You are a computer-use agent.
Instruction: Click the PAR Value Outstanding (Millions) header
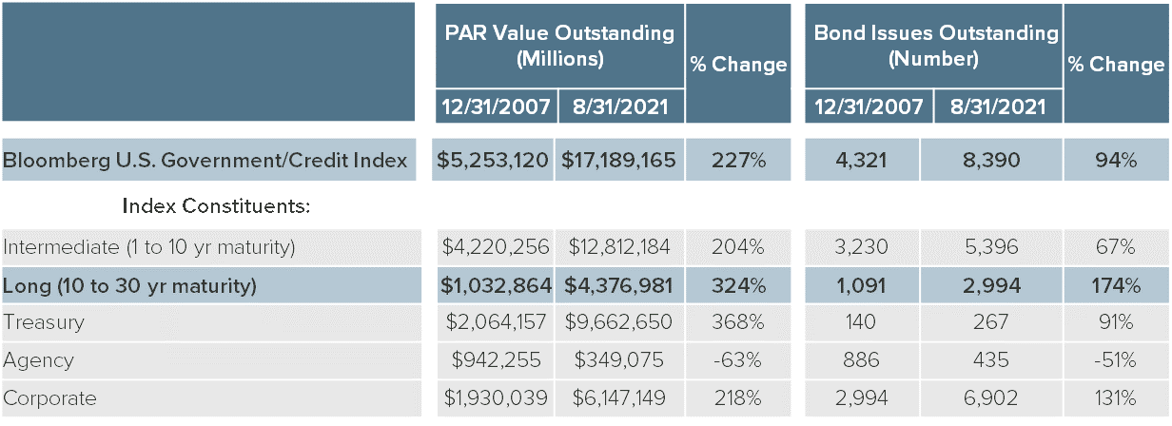coord(559,45)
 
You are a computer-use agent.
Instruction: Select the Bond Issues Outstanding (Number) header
coord(934,45)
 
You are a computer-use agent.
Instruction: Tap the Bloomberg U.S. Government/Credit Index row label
coord(205,161)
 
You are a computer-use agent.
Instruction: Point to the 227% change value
coord(738,161)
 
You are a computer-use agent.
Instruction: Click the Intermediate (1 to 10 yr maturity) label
coord(149,247)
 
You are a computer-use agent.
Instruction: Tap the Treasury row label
coord(44,322)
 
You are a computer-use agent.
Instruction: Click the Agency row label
coord(39,360)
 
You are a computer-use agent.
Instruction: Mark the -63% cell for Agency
coord(738,360)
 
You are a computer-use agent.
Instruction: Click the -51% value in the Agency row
coord(1114,360)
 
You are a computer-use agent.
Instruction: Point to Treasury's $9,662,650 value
coord(619,322)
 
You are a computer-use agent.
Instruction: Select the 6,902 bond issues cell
coord(991,398)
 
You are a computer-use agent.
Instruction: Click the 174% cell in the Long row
coord(1114,285)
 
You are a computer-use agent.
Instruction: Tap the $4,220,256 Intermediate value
coord(496,247)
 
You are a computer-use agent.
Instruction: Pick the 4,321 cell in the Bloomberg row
coord(862,161)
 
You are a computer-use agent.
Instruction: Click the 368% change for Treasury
coord(738,322)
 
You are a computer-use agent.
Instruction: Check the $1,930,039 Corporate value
coord(496,398)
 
